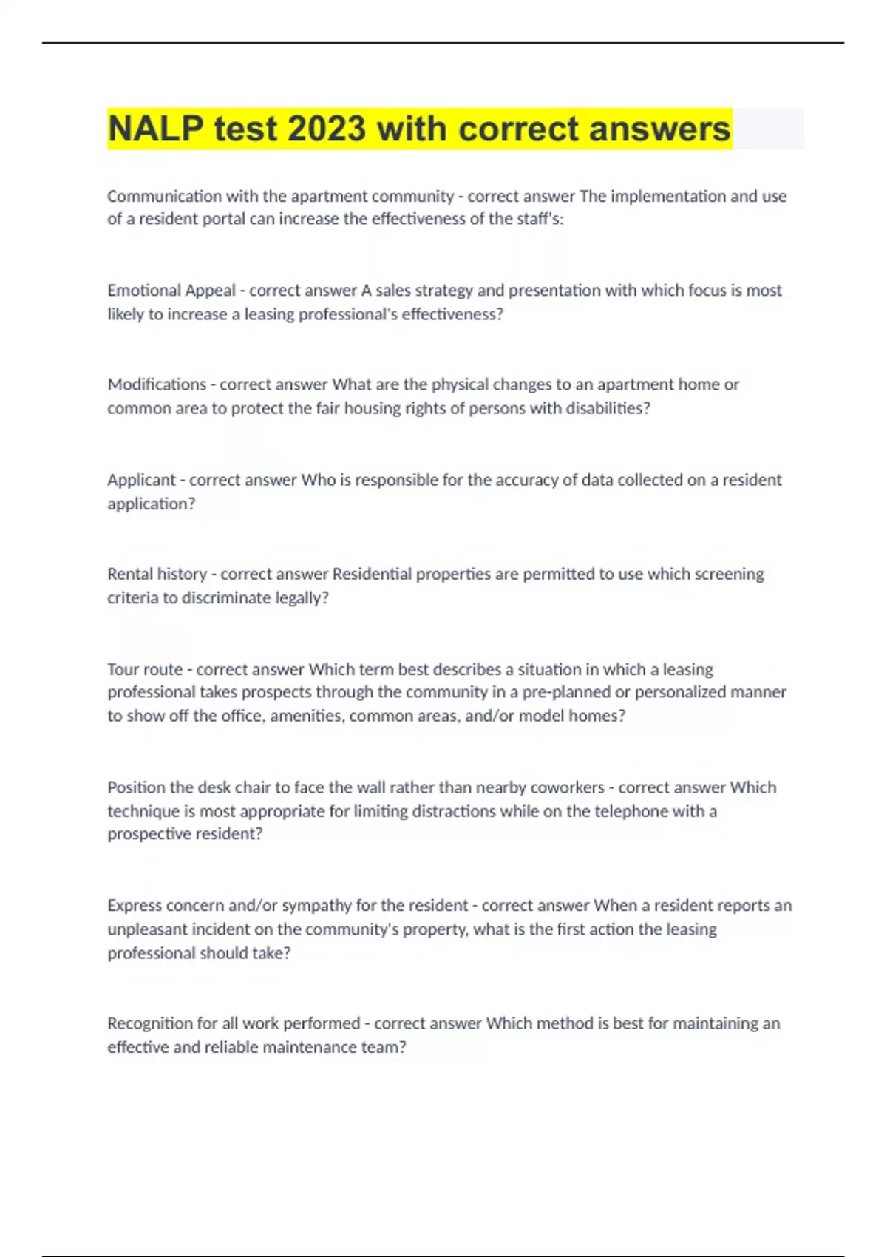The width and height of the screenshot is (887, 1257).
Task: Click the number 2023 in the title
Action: pyautogui.click(x=326, y=129)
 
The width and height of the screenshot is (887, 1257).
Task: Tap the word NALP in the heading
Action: pyautogui.click(x=155, y=129)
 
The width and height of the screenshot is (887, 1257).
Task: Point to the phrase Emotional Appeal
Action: pyautogui.click(x=171, y=291)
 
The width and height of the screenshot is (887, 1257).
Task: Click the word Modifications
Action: pyautogui.click(x=157, y=384)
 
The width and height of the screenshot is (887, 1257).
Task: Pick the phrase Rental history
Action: pyautogui.click(x=157, y=574)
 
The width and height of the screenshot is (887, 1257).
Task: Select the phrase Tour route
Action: pyautogui.click(x=145, y=669)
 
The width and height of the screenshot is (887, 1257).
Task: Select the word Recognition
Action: pyautogui.click(x=150, y=1023)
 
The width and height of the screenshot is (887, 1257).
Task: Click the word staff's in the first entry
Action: pyautogui.click(x=541, y=219)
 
